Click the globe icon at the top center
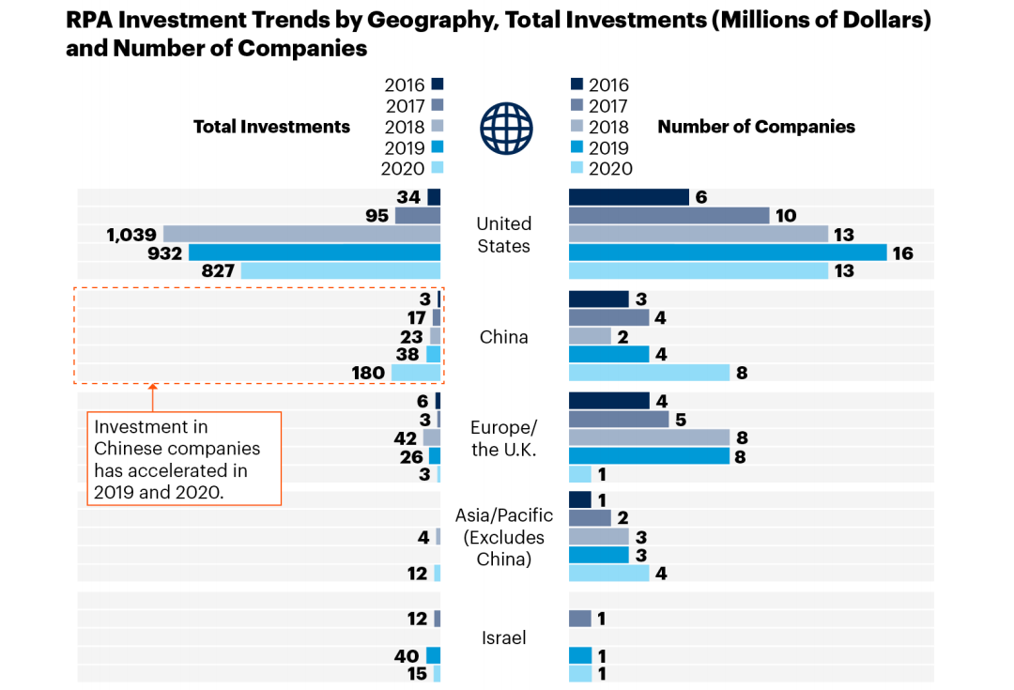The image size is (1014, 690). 506,128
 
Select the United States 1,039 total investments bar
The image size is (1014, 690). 302,234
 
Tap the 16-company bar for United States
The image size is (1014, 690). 728,253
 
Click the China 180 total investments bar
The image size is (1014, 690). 416,373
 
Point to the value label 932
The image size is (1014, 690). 164,253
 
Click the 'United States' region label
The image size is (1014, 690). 503,235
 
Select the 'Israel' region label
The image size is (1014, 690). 504,637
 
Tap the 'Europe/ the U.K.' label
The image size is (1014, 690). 503,438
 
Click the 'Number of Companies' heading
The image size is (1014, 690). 756,127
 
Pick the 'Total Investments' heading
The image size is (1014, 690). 271,127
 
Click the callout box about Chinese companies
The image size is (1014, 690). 184,459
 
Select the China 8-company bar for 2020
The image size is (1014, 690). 649,373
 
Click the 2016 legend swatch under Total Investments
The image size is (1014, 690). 437,84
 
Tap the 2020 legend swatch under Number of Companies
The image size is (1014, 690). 577,169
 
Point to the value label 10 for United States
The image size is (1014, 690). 786,216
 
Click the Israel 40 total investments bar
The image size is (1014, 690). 433,655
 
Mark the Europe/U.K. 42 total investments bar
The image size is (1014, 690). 432,437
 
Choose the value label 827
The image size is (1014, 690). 217,271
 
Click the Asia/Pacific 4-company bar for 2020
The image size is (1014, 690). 608,573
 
